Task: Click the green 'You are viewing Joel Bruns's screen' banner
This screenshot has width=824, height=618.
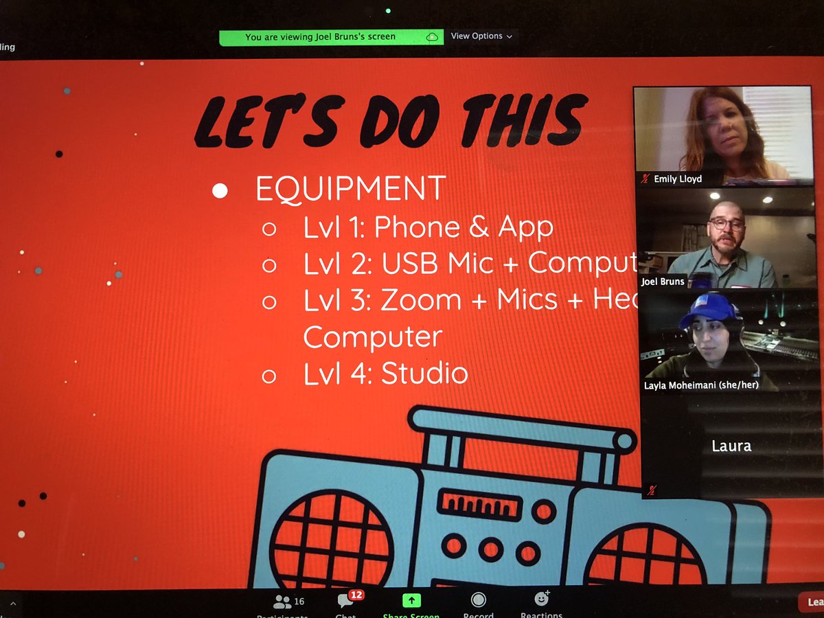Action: coord(320,37)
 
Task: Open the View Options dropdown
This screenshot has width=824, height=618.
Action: coord(481,36)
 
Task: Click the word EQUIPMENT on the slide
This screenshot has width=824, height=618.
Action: coord(350,189)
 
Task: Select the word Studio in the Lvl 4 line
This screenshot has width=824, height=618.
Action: coord(424,373)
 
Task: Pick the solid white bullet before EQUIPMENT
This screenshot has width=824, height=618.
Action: coord(220,191)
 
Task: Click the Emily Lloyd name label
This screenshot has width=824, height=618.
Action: coord(677,179)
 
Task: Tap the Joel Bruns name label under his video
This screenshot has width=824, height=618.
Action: coord(663,281)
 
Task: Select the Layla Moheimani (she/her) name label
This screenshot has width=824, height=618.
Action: coord(700,385)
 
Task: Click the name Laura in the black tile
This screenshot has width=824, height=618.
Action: coord(731,446)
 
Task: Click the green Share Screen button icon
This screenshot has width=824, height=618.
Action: coord(411,600)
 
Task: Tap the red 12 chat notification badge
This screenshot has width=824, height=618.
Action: coord(356,595)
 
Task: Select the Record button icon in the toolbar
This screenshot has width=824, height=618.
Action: coord(479,601)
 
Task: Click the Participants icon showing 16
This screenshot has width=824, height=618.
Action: coord(282,602)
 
